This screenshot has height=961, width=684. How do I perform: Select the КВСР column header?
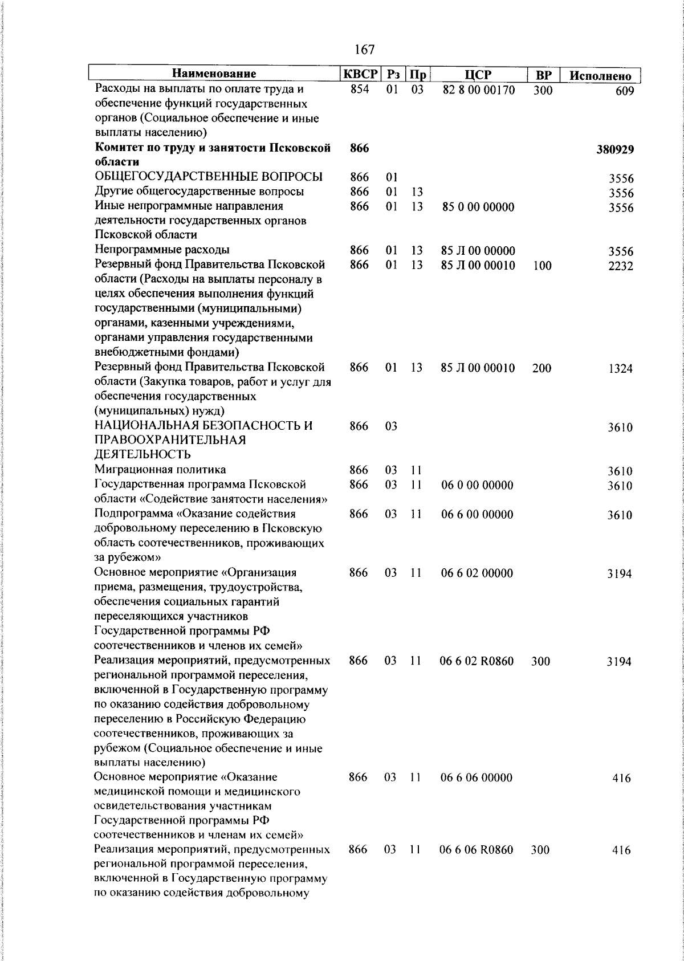[360, 74]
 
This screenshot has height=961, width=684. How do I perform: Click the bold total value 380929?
[615, 150]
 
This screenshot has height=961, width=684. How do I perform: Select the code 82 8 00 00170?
[478, 90]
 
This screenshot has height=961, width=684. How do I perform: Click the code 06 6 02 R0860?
[477, 661]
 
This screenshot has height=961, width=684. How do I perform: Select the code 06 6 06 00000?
[477, 778]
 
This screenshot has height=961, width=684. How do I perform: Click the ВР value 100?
[542, 266]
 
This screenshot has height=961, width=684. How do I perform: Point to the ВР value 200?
[541, 368]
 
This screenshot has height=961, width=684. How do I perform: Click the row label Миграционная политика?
[160, 470]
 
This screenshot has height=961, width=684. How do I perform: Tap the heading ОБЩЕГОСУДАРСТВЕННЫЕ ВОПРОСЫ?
[209, 177]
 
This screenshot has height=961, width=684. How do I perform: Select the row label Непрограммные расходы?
[162, 250]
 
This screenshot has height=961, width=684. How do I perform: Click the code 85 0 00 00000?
[478, 207]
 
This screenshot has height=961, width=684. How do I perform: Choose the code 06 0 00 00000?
[477, 485]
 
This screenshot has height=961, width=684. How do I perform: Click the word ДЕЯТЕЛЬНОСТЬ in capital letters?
[142, 455]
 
